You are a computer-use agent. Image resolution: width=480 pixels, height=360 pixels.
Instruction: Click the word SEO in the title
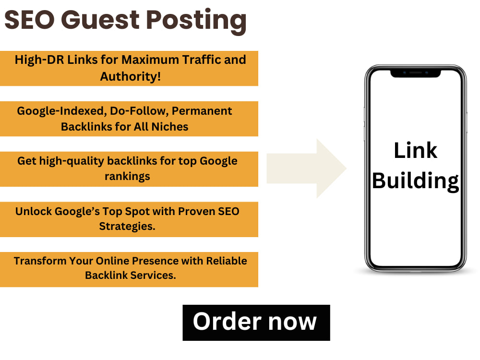click(x=30, y=20)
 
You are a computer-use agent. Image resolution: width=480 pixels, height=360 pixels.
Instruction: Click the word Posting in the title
click(x=196, y=21)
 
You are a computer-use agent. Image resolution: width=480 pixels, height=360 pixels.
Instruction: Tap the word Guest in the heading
click(x=100, y=20)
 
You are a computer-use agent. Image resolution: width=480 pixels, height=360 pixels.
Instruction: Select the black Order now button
click(x=256, y=323)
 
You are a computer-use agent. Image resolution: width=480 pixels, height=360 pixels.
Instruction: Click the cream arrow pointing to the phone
click(x=306, y=168)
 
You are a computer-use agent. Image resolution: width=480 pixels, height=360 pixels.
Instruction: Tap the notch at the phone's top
click(x=415, y=73)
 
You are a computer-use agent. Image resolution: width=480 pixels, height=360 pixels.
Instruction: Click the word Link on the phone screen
click(x=415, y=150)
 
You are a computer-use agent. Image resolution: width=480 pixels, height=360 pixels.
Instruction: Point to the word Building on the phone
click(x=415, y=181)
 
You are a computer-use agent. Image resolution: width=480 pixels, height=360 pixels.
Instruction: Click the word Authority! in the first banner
click(x=131, y=76)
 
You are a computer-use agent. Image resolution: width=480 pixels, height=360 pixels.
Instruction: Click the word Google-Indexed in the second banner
click(x=62, y=111)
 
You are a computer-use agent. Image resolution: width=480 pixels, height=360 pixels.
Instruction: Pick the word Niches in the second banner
click(x=170, y=127)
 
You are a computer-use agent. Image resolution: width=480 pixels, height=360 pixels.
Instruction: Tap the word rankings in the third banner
click(x=127, y=177)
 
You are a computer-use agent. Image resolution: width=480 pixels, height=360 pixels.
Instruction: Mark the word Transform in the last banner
click(x=40, y=261)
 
